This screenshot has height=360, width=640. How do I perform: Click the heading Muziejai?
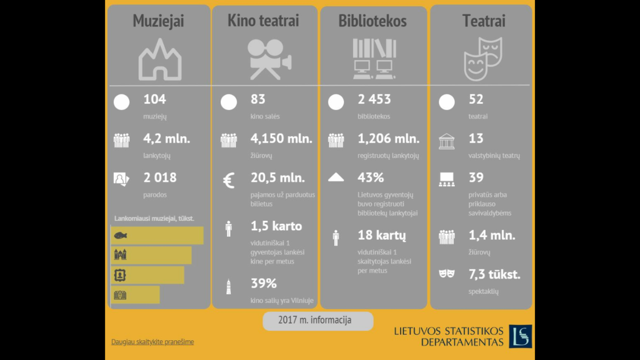click(158, 21)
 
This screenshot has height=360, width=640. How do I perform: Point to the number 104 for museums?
click(154, 99)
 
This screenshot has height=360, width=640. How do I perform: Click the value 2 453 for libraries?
click(374, 99)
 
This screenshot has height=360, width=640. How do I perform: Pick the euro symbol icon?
click(229, 180)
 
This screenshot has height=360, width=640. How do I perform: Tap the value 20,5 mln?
click(277, 178)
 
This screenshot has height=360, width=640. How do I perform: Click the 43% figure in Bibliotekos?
click(371, 178)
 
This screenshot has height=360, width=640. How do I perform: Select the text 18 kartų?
click(382, 236)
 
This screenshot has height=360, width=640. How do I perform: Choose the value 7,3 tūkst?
click(494, 274)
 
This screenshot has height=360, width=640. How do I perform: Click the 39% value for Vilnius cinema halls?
click(264, 284)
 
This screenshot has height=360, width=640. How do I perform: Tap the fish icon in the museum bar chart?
click(120, 236)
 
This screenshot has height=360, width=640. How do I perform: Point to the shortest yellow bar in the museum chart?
click(136, 295)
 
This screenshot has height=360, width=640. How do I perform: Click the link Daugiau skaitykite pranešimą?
click(153, 342)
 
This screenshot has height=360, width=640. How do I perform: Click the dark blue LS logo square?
click(520, 336)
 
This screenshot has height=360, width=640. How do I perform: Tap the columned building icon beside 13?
click(447, 142)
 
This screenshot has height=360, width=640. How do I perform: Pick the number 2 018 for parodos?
click(160, 178)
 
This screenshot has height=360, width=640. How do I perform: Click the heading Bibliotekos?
click(372, 21)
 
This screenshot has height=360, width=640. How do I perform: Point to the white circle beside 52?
click(447, 102)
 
